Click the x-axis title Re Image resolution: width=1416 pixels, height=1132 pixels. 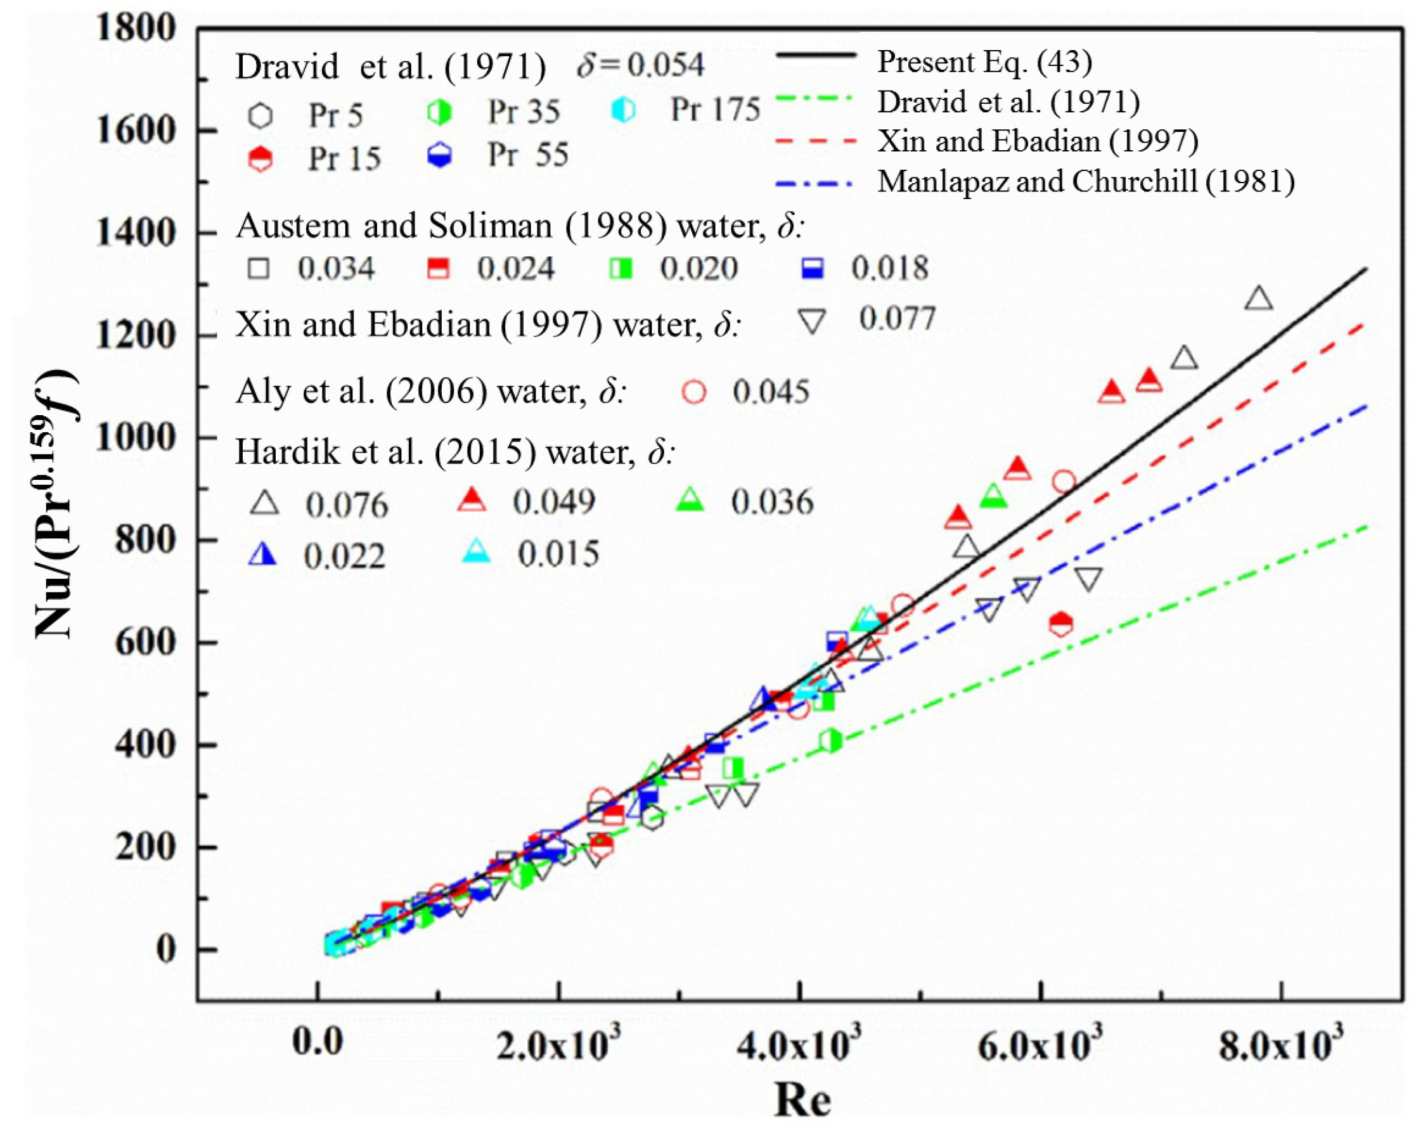pos(802,1099)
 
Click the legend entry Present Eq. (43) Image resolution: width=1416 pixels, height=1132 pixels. pos(984,61)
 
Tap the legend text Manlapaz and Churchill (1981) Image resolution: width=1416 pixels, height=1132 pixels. pos(1086,181)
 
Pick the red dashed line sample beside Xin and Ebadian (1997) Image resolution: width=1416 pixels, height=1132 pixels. pos(816,141)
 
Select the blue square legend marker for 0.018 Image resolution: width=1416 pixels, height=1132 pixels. pos(813,268)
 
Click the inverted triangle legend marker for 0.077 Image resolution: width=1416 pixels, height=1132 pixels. pos(813,322)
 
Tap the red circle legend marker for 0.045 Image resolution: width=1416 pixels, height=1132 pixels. pos(694,392)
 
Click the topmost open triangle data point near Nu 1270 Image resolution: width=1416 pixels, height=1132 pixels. pos(1258,299)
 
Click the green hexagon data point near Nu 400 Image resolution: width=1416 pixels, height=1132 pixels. pos(831,741)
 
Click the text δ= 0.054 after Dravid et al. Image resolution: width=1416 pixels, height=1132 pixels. pos(640,65)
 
